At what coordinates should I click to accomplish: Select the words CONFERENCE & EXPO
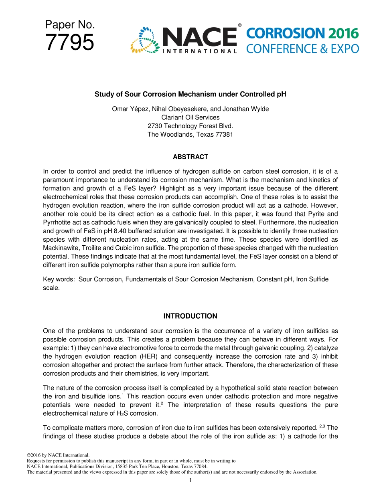tap(302, 48)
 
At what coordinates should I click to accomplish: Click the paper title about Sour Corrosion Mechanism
tap(190, 95)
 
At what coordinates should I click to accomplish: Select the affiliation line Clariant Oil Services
tap(190, 117)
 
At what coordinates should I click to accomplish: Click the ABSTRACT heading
tap(190, 157)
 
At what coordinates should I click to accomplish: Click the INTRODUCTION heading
tap(190, 316)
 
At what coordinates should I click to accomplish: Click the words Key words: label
tap(59, 279)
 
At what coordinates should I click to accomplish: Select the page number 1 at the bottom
tap(190, 480)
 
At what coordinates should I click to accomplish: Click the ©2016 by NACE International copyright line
tap(57, 455)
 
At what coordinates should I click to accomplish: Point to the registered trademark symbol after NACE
tap(239, 26)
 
